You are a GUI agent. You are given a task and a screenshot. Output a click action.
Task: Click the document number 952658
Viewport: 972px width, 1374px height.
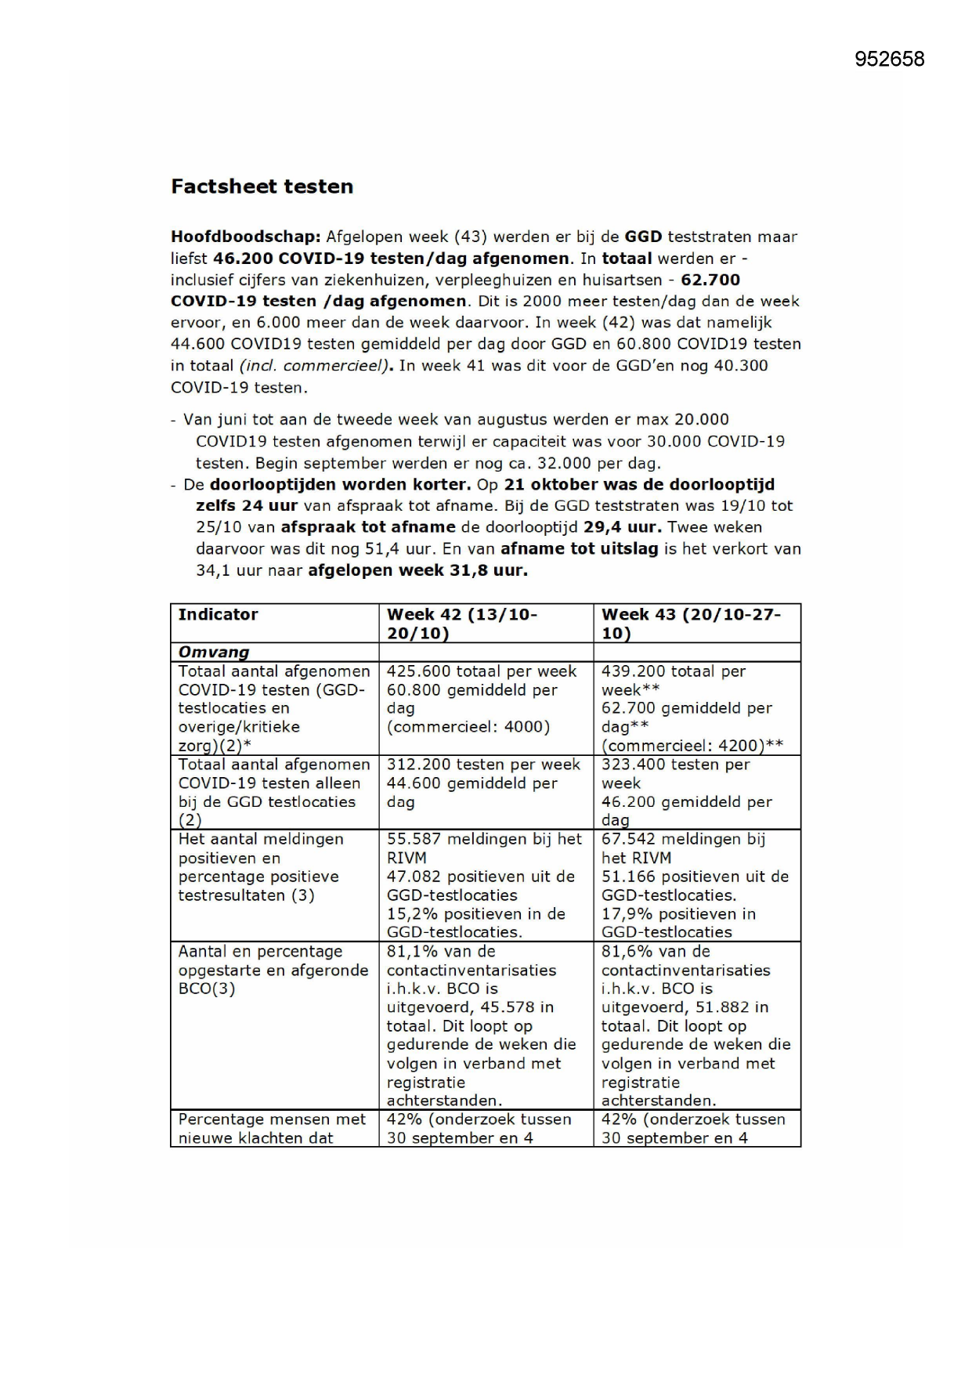[889, 60]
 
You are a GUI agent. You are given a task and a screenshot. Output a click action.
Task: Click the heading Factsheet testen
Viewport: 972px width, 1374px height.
[262, 186]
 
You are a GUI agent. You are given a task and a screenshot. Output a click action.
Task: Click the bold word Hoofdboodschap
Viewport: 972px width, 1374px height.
[245, 237]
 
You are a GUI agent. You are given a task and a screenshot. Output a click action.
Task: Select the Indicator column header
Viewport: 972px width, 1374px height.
[218, 615]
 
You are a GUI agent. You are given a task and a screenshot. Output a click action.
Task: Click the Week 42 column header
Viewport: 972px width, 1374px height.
[462, 624]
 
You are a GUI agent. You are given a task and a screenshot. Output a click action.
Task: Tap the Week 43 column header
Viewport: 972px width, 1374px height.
[691, 624]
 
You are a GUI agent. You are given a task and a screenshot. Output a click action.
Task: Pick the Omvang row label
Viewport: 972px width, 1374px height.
[214, 653]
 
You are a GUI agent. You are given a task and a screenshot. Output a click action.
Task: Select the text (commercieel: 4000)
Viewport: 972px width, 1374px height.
[468, 727]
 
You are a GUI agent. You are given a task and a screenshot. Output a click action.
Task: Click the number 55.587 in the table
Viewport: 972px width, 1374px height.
[413, 839]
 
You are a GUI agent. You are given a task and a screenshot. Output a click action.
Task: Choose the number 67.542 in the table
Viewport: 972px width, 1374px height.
[627, 839]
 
